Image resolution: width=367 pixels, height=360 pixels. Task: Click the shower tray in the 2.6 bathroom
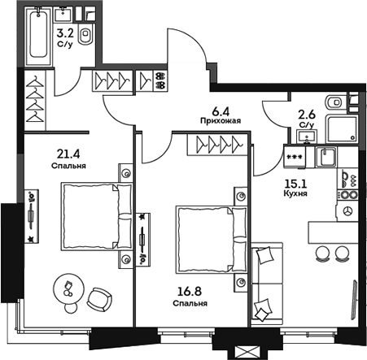pyautogui.click(x=339, y=128)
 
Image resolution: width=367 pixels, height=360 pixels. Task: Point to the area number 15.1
pyautogui.click(x=293, y=184)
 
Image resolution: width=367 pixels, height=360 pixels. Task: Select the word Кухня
pyautogui.click(x=294, y=196)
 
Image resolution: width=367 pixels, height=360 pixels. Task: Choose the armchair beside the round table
pyautogui.click(x=98, y=297)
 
